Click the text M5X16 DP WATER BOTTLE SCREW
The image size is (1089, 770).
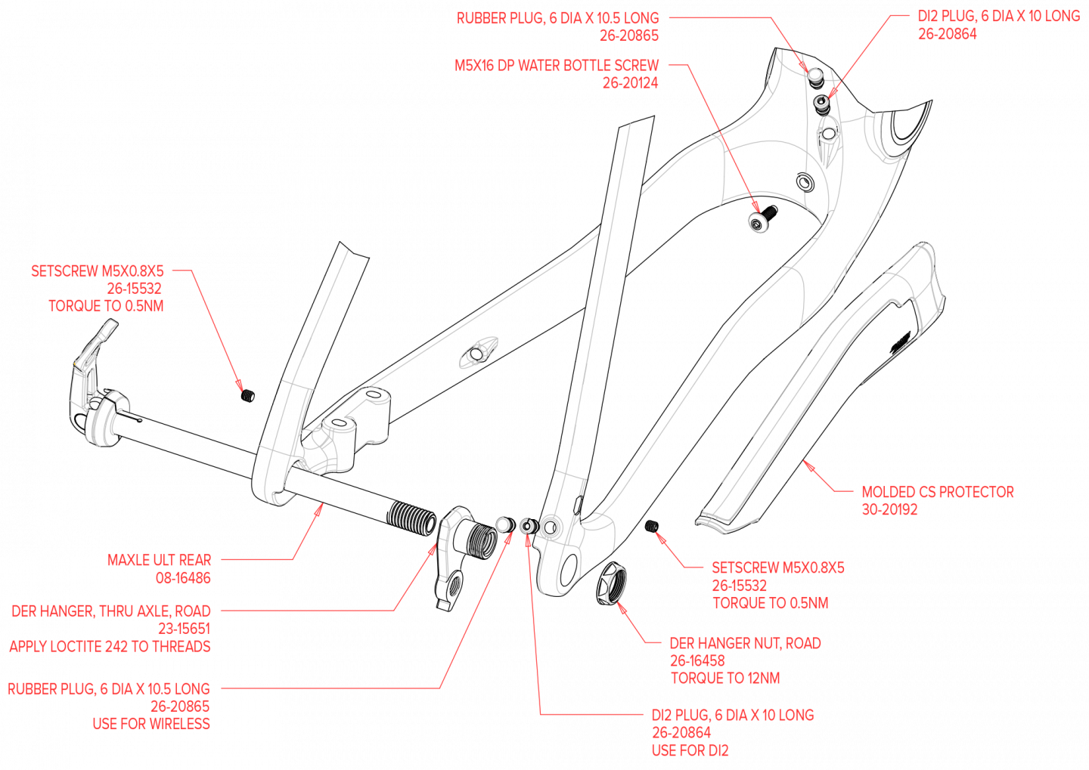point(557,66)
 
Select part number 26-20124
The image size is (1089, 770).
point(631,83)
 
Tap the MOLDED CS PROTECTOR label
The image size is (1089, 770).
point(938,493)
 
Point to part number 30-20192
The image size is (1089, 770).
point(889,510)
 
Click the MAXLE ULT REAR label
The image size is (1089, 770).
point(160,561)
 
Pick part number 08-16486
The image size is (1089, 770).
point(183,578)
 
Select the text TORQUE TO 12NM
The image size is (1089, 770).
point(724,679)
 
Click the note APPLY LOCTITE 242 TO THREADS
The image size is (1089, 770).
point(110,647)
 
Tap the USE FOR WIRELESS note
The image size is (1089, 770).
point(151,724)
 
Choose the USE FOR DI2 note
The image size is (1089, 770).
point(690,751)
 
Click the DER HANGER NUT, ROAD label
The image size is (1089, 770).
point(745,644)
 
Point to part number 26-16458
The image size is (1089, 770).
point(697,661)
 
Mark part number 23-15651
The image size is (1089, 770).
point(184,629)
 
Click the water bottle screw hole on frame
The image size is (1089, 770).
point(758,222)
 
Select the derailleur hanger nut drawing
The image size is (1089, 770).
point(616,586)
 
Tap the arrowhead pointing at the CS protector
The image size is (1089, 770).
point(807,463)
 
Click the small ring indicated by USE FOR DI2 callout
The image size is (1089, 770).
point(527,525)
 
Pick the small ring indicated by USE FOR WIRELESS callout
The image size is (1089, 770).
point(503,524)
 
